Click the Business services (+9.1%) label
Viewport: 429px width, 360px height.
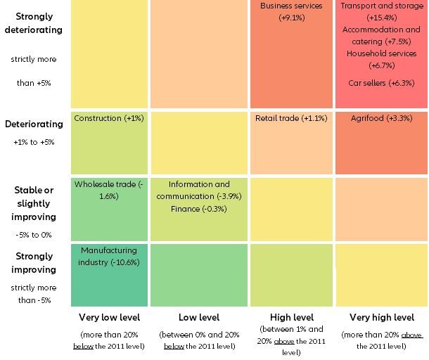(x=291, y=11)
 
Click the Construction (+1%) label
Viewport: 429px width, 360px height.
(x=108, y=118)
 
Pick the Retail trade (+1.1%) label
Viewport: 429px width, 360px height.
(x=291, y=118)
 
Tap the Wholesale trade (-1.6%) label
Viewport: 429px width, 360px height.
(x=108, y=190)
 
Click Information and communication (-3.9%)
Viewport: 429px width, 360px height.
(x=199, y=190)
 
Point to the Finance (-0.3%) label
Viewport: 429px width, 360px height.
(x=199, y=208)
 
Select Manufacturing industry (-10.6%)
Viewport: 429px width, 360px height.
(x=108, y=256)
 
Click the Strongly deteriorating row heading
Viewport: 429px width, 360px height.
(x=33, y=23)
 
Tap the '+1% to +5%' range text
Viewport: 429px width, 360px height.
(x=33, y=142)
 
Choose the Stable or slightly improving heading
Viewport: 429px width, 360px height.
(x=33, y=203)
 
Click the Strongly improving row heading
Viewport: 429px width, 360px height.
(x=33, y=263)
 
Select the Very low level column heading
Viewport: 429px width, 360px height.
(x=108, y=318)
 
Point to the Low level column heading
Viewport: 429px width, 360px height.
(x=199, y=318)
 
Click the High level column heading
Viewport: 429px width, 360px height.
(x=291, y=318)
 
